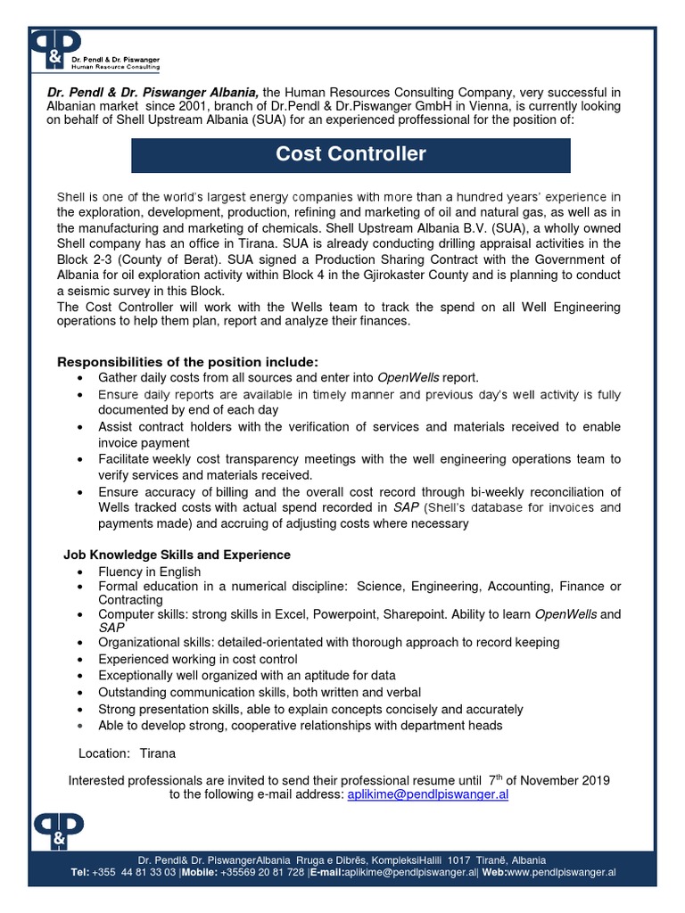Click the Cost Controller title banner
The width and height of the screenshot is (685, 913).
[351, 154]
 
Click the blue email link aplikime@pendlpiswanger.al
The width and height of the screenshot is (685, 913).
[426, 794]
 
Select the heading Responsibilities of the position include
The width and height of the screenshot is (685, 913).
[187, 362]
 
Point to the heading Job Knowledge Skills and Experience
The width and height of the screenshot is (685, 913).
[177, 555]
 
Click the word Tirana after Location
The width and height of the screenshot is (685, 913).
[158, 753]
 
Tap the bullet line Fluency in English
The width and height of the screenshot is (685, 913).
[150, 572]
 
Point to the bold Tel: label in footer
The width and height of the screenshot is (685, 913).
[80, 872]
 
